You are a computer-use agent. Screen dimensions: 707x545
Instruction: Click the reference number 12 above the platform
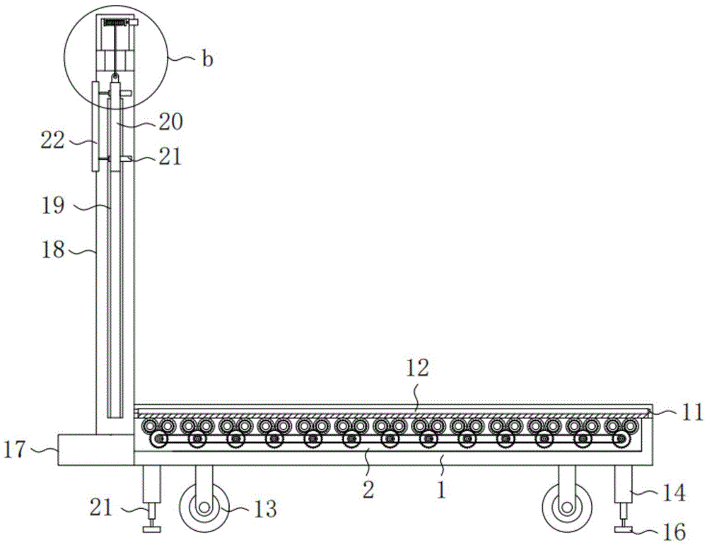[417, 369]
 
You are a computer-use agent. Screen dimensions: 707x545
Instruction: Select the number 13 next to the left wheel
[265, 510]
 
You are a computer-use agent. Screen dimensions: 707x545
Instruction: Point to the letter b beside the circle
[207, 59]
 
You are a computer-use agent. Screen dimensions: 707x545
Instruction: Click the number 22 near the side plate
[53, 140]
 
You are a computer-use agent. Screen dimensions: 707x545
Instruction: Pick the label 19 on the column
[53, 206]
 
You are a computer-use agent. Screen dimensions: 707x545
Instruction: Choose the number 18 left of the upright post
[53, 250]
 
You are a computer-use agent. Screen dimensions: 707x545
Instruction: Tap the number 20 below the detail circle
[170, 122]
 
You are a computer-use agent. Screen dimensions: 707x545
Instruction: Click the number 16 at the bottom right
[674, 532]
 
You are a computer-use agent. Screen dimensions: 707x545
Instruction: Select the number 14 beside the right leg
[674, 493]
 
